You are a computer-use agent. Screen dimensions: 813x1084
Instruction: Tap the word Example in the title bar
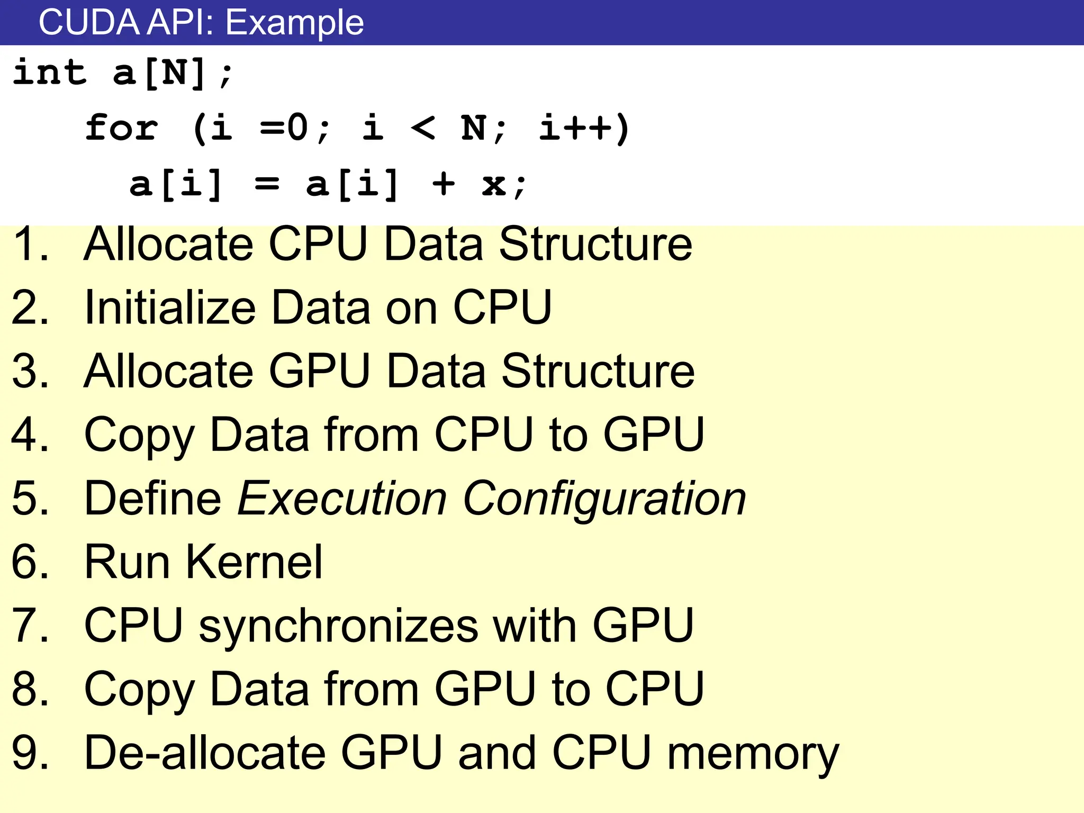tap(295, 23)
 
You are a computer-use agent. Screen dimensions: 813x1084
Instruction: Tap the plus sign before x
tap(444, 184)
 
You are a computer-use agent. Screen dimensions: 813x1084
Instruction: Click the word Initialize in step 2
tap(170, 308)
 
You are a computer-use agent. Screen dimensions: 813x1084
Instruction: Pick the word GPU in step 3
tap(320, 371)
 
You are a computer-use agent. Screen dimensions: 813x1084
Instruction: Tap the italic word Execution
tap(342, 498)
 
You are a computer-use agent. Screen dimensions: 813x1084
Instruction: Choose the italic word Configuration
tap(604, 499)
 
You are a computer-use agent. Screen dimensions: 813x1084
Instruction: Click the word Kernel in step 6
tap(254, 562)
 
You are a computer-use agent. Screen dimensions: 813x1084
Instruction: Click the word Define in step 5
tap(152, 498)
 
